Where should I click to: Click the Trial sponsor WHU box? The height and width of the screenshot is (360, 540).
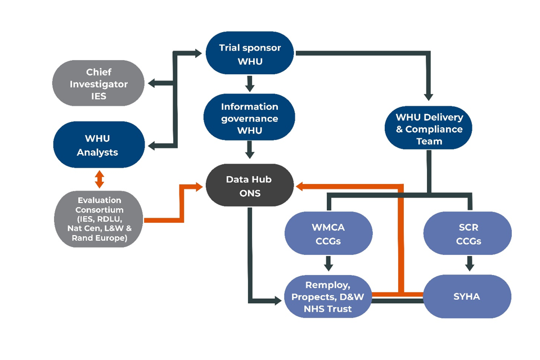pyautogui.click(x=249, y=54)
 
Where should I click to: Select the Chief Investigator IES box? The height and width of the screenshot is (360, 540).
pyautogui.click(x=99, y=84)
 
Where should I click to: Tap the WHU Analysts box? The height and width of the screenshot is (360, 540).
pyautogui.click(x=99, y=145)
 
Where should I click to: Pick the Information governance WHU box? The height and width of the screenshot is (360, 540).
pyautogui.click(x=249, y=119)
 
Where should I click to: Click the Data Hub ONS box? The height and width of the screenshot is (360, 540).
pyautogui.click(x=249, y=186)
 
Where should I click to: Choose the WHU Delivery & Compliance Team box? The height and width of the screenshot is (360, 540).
pyautogui.click(x=429, y=129)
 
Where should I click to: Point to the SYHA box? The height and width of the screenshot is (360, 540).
pyautogui.click(x=467, y=296)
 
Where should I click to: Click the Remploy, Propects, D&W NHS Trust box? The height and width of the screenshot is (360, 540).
pyautogui.click(x=328, y=296)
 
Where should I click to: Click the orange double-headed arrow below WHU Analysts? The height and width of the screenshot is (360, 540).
pyautogui.click(x=99, y=179)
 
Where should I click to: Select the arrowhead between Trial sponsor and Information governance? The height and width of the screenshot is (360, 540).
pyautogui.click(x=250, y=87)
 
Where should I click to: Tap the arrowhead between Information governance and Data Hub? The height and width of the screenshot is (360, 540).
pyautogui.click(x=250, y=154)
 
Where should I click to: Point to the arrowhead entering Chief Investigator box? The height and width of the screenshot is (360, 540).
pyautogui.click(x=152, y=84)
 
